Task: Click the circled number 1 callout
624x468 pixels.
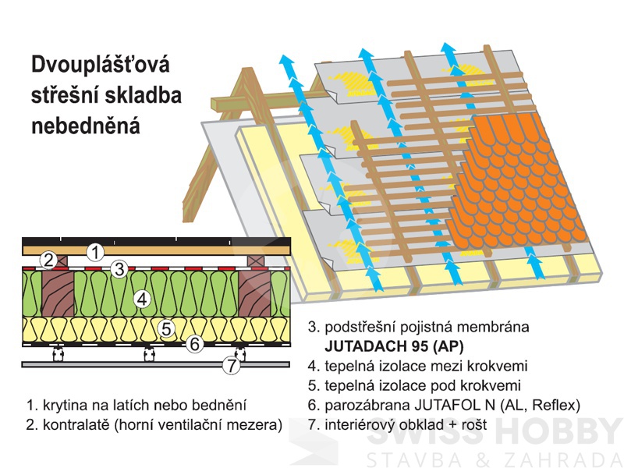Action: point(94,252)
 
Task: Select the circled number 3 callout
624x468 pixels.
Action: point(119,269)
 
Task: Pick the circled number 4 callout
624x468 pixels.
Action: point(141,298)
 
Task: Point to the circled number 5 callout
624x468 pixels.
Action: point(166,328)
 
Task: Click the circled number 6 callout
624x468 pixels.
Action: point(196,342)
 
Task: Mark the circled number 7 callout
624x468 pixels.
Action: point(230,364)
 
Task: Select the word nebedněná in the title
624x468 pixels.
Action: point(86,126)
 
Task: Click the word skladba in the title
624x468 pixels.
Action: point(145,96)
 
